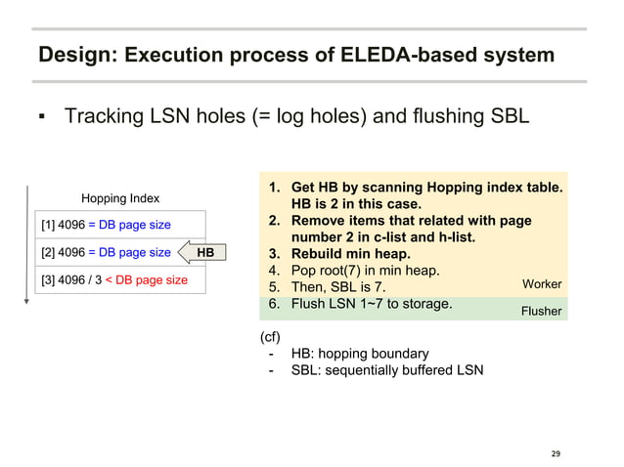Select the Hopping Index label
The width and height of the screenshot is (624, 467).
coord(120,198)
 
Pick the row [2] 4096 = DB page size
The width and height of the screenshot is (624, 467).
coord(106,253)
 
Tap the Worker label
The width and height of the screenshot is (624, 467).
coord(542,284)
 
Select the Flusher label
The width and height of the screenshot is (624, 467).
coord(540,311)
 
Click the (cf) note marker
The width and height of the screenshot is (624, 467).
coord(270,337)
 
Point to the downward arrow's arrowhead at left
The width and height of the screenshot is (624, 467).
coord(26,301)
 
